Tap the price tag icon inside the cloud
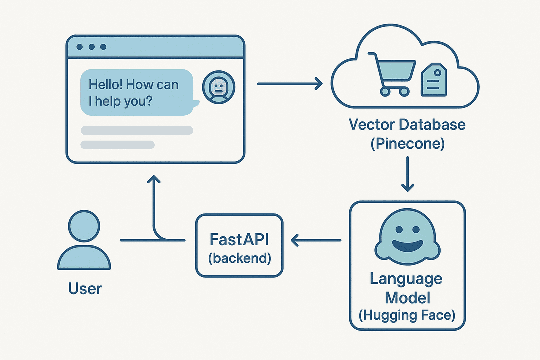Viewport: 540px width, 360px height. click(433, 81)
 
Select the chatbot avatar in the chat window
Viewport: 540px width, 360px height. click(218, 87)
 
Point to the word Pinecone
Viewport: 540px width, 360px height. click(407, 144)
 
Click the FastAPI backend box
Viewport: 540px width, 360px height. click(239, 245)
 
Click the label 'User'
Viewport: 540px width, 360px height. click(85, 288)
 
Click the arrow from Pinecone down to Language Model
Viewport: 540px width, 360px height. click(408, 174)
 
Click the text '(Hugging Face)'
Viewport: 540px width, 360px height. click(407, 316)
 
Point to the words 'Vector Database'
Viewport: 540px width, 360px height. click(407, 124)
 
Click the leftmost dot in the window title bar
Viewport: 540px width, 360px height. click(80, 47)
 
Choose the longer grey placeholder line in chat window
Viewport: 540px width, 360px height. click(137, 130)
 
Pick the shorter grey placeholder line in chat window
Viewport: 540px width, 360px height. click(118, 145)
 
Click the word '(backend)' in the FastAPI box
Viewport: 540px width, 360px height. click(239, 258)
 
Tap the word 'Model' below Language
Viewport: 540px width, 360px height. click(407, 298)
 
